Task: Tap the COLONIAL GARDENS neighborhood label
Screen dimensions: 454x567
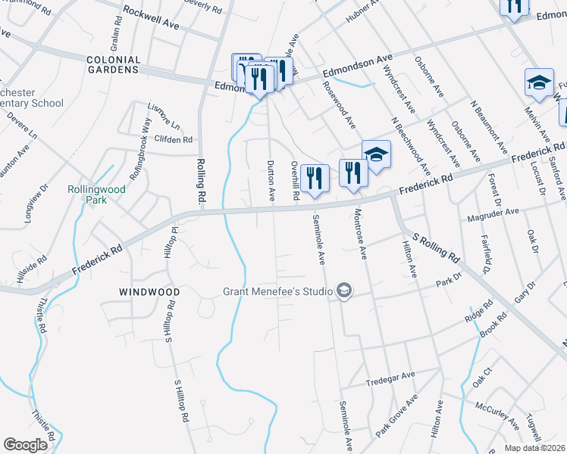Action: [114, 64]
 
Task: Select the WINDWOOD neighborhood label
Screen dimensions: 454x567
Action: [149, 291]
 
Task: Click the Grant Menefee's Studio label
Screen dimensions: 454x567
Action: [277, 291]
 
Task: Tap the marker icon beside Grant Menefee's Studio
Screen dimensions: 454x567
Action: [345, 291]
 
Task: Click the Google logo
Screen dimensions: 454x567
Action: [25, 445]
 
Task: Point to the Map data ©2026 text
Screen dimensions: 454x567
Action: [534, 448]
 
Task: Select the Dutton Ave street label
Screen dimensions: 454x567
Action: [270, 181]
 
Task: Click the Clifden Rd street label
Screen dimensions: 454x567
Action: [174, 140]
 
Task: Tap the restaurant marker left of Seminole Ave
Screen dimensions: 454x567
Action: [315, 179]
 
